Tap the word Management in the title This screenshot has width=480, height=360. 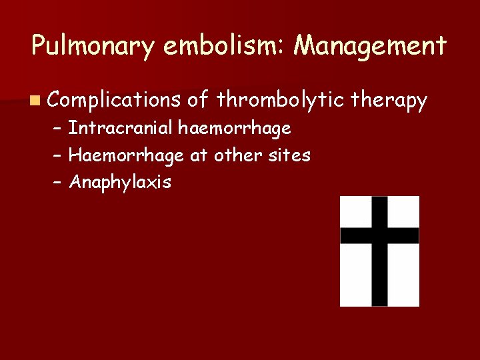(x=371, y=47)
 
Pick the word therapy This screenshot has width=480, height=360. (x=389, y=101)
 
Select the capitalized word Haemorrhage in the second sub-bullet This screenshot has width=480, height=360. (x=127, y=155)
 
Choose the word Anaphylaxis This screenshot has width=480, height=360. (x=120, y=183)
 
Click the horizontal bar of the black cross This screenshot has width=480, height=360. (x=379, y=235)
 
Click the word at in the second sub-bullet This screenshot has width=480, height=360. (x=198, y=156)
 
